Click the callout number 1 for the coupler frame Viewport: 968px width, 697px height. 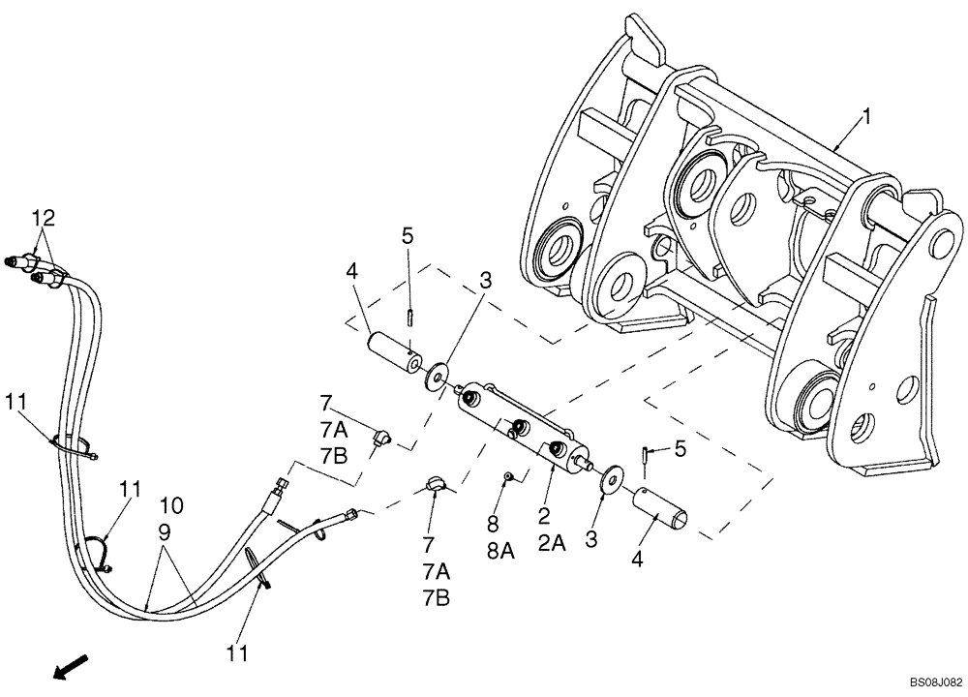coord(866,117)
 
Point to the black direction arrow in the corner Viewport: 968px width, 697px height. coord(71,666)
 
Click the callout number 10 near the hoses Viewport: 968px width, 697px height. coord(170,504)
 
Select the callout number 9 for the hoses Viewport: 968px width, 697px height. coord(164,531)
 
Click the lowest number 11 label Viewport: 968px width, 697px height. coord(237,654)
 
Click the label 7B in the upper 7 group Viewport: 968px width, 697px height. coord(333,455)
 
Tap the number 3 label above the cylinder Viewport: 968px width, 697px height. coord(485,282)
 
